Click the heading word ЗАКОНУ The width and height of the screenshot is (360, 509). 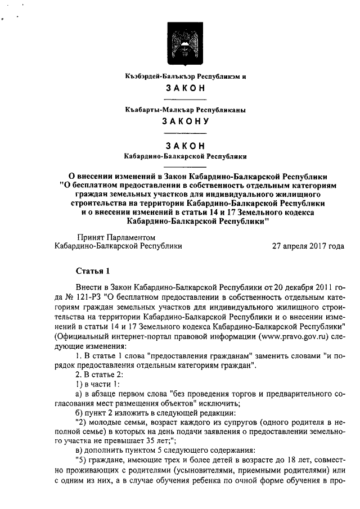click(x=186, y=121)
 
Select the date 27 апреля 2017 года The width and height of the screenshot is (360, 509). click(x=308, y=246)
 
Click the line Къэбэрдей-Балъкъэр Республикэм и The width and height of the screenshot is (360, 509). click(x=186, y=75)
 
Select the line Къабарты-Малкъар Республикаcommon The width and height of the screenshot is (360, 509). click(x=186, y=109)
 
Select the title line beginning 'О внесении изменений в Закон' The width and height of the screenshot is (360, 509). click(x=186, y=175)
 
